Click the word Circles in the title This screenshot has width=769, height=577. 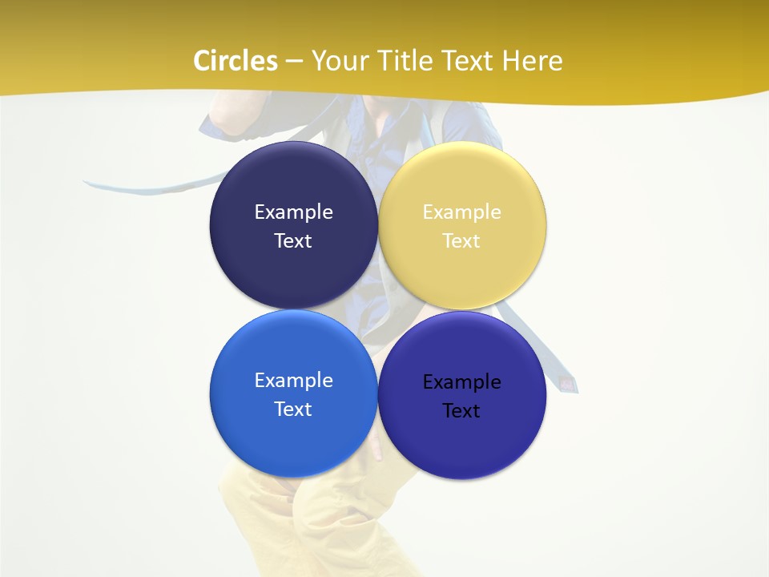pyautogui.click(x=236, y=61)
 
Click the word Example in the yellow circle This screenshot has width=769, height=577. pyautogui.click(x=461, y=212)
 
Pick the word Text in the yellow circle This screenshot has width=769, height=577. pyautogui.click(x=461, y=241)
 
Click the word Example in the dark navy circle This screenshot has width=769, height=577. pyautogui.click(x=293, y=212)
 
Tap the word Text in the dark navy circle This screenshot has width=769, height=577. pyautogui.click(x=293, y=241)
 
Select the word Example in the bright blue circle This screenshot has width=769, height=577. pyautogui.click(x=293, y=381)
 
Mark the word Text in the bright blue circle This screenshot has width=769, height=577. pyautogui.click(x=293, y=410)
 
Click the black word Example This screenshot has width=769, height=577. pyautogui.click(x=461, y=382)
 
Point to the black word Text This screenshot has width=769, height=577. pyautogui.click(x=461, y=411)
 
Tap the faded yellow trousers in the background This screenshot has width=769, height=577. pyautogui.click(x=264, y=521)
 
